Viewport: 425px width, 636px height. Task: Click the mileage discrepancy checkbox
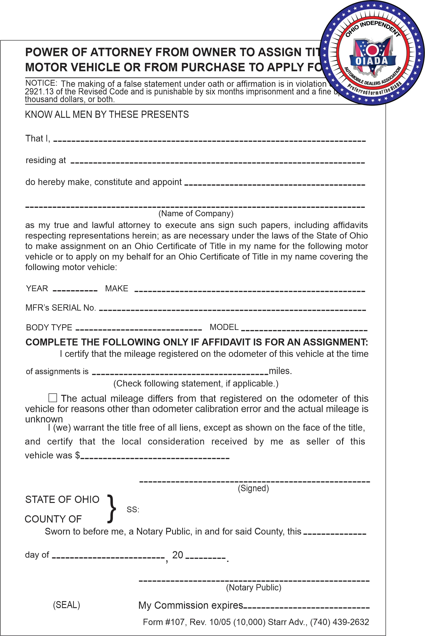[x=53, y=398]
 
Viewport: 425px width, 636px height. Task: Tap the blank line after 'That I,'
[x=209, y=141]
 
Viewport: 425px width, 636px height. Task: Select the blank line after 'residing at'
[x=218, y=163]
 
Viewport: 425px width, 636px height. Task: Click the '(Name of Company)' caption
[x=196, y=214]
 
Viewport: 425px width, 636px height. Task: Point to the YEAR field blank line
[x=75, y=290]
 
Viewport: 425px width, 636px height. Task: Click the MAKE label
[x=117, y=288]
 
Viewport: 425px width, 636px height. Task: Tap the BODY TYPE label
[x=49, y=327]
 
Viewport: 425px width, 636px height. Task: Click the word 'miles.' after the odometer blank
[x=280, y=371]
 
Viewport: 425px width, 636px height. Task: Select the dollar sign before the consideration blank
[x=78, y=455]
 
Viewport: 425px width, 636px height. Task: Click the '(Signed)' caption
[x=253, y=488]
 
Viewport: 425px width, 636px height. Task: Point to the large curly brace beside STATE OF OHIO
[x=111, y=509]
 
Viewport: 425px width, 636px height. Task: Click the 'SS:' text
[x=133, y=509]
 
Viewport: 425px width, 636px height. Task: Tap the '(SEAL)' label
[x=66, y=605]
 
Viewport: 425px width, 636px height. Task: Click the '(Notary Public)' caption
[x=253, y=587]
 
